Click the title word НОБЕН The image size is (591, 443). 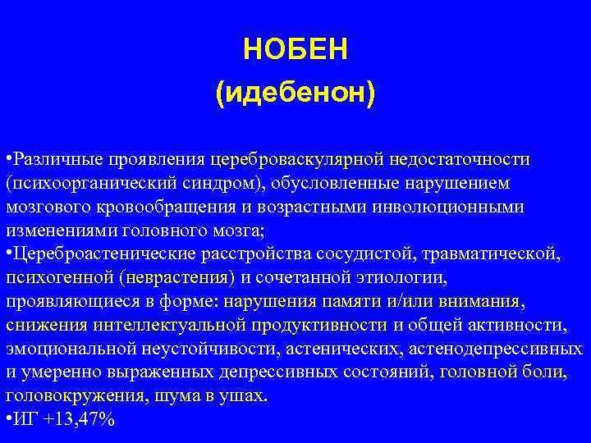tap(295, 51)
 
